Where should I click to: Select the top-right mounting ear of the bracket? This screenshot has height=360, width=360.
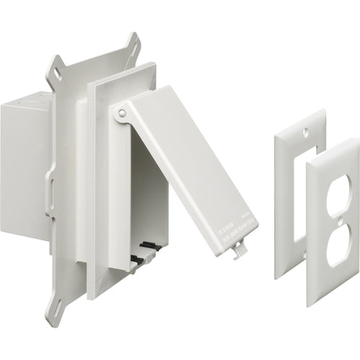click(132, 45)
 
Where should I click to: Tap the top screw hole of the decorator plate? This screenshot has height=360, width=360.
click(302, 132)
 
